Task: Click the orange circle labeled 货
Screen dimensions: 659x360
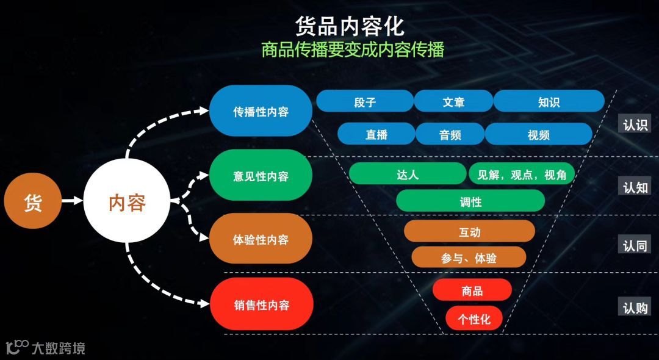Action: (33, 201)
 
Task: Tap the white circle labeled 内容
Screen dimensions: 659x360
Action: (127, 202)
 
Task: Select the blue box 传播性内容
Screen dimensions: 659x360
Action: (261, 111)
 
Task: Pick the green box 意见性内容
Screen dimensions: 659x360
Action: (261, 176)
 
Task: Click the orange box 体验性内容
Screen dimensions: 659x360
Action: (261, 239)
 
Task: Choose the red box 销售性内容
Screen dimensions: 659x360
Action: (261, 304)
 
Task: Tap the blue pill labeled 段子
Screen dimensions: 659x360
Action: (365, 101)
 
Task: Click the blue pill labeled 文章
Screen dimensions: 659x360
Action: (453, 101)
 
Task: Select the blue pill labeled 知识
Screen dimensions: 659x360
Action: (549, 101)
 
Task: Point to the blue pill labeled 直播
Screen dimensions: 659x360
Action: (376, 134)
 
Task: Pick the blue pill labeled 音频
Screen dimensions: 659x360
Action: (450, 134)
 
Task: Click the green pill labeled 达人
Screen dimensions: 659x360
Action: (407, 174)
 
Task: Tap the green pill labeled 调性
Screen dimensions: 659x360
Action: (470, 201)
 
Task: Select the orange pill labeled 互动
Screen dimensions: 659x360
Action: (469, 231)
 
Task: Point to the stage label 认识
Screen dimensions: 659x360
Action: (635, 124)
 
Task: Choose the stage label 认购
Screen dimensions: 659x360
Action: (635, 308)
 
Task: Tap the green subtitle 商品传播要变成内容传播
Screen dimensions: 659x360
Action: (352, 49)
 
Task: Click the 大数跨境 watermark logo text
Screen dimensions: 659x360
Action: (58, 348)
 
